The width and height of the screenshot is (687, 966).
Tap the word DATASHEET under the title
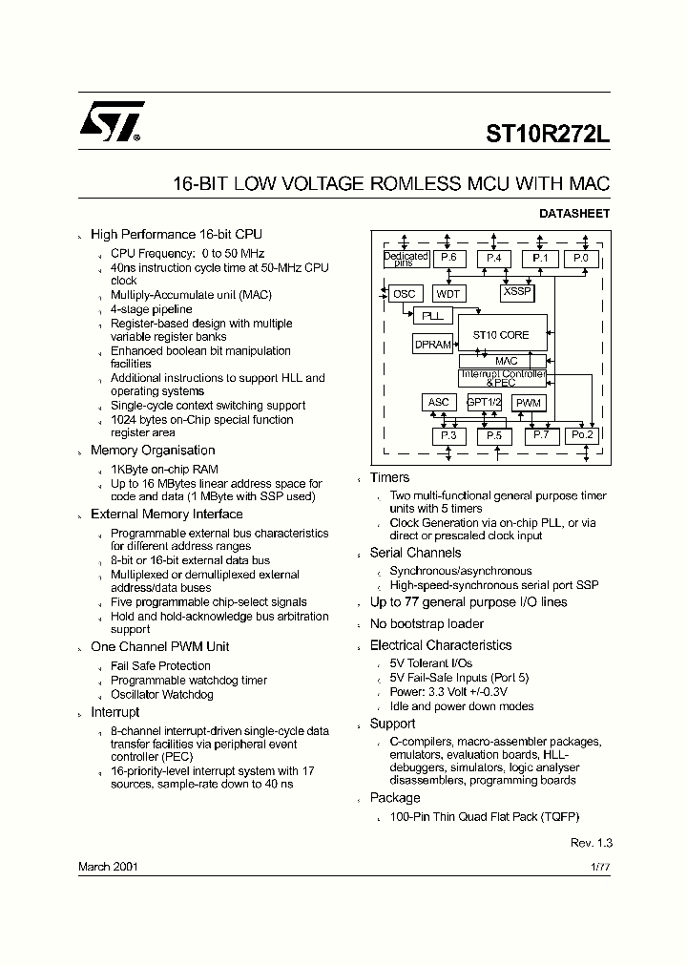574,214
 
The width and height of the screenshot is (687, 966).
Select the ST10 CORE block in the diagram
501,335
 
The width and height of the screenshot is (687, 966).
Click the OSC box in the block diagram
405,294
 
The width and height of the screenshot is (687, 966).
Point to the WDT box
448,295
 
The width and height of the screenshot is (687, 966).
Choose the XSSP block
516,292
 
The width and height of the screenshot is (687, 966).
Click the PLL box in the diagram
432,316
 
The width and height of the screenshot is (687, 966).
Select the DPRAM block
432,344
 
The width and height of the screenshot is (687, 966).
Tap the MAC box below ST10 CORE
506,361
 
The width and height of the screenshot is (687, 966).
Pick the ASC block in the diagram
438,403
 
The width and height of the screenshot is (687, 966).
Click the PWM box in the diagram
528,404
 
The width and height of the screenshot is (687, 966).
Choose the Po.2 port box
581,435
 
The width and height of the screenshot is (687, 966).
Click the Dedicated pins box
406,259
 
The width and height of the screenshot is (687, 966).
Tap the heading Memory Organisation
153,451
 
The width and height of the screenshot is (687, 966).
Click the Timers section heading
389,477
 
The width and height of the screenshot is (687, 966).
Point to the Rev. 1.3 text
591,843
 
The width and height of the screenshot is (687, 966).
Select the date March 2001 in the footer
107,867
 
